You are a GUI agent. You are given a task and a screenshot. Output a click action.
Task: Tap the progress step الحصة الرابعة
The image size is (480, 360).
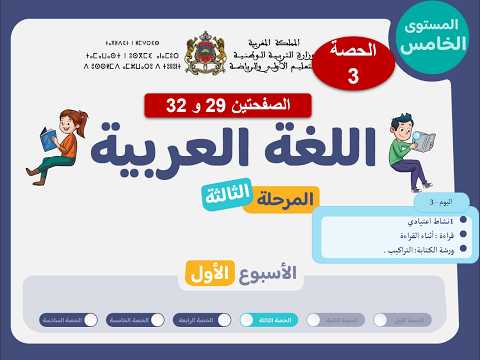click(201, 320)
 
